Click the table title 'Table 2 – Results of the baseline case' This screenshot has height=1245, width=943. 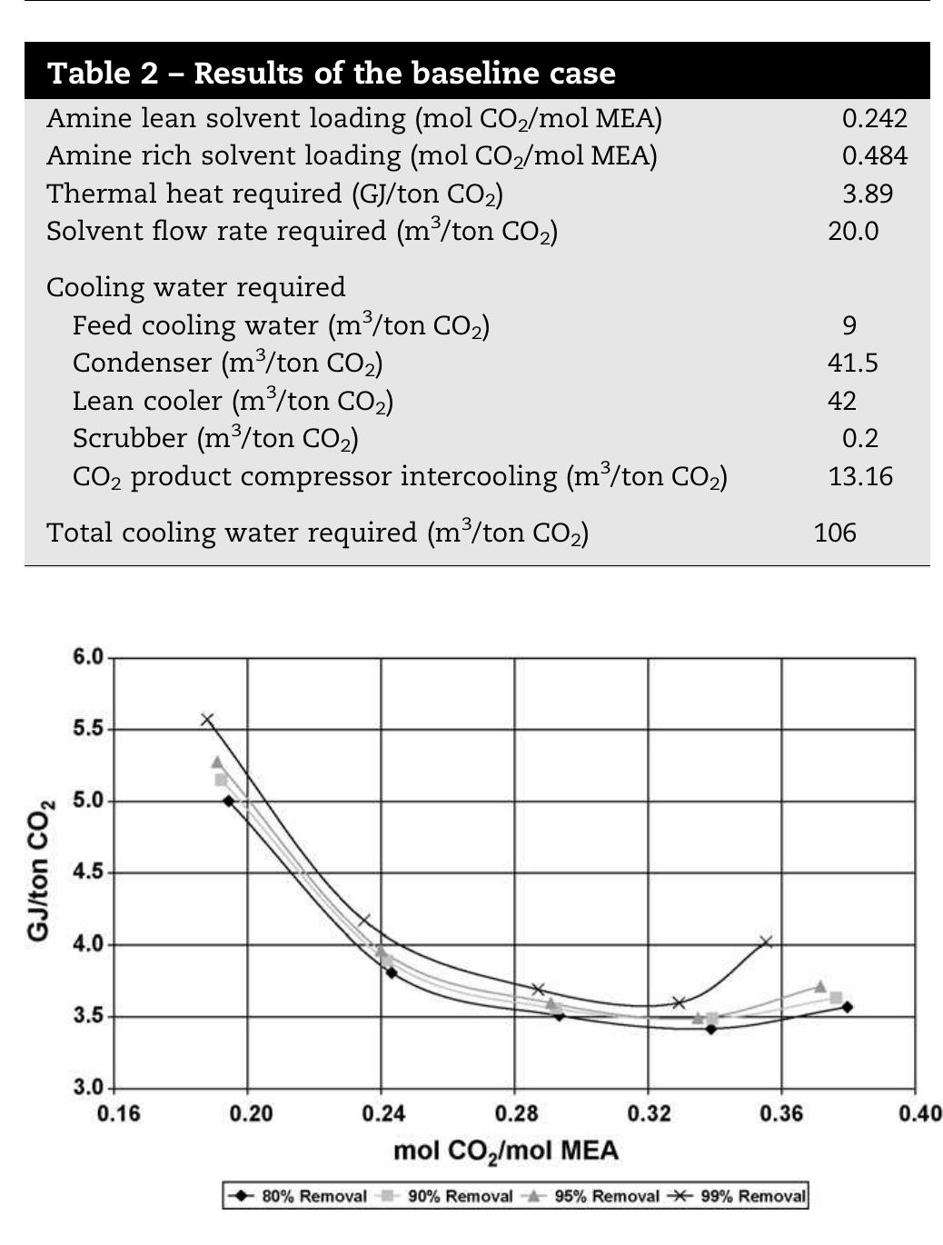[332, 73]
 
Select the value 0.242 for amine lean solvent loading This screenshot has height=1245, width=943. [874, 118]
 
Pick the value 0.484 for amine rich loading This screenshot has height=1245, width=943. [874, 155]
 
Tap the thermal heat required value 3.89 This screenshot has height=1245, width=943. [867, 194]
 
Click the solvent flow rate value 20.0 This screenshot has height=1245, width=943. [853, 231]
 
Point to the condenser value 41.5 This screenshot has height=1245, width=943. [853, 363]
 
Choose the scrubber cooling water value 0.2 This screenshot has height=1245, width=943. [859, 438]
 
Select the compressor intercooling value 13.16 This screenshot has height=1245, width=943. [859, 476]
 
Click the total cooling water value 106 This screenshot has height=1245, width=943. [835, 532]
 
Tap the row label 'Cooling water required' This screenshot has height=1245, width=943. [195, 287]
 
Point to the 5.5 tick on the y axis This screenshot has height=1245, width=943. [88, 729]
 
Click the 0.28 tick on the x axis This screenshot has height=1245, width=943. [515, 1113]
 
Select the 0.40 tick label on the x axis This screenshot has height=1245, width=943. [919, 1113]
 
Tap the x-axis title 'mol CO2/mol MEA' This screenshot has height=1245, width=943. [505, 1150]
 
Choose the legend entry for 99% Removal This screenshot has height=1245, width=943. [737, 1196]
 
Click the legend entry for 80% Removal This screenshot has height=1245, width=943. [298, 1196]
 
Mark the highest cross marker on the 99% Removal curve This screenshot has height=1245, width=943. [207, 720]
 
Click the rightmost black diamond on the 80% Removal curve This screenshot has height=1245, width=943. [847, 1007]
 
